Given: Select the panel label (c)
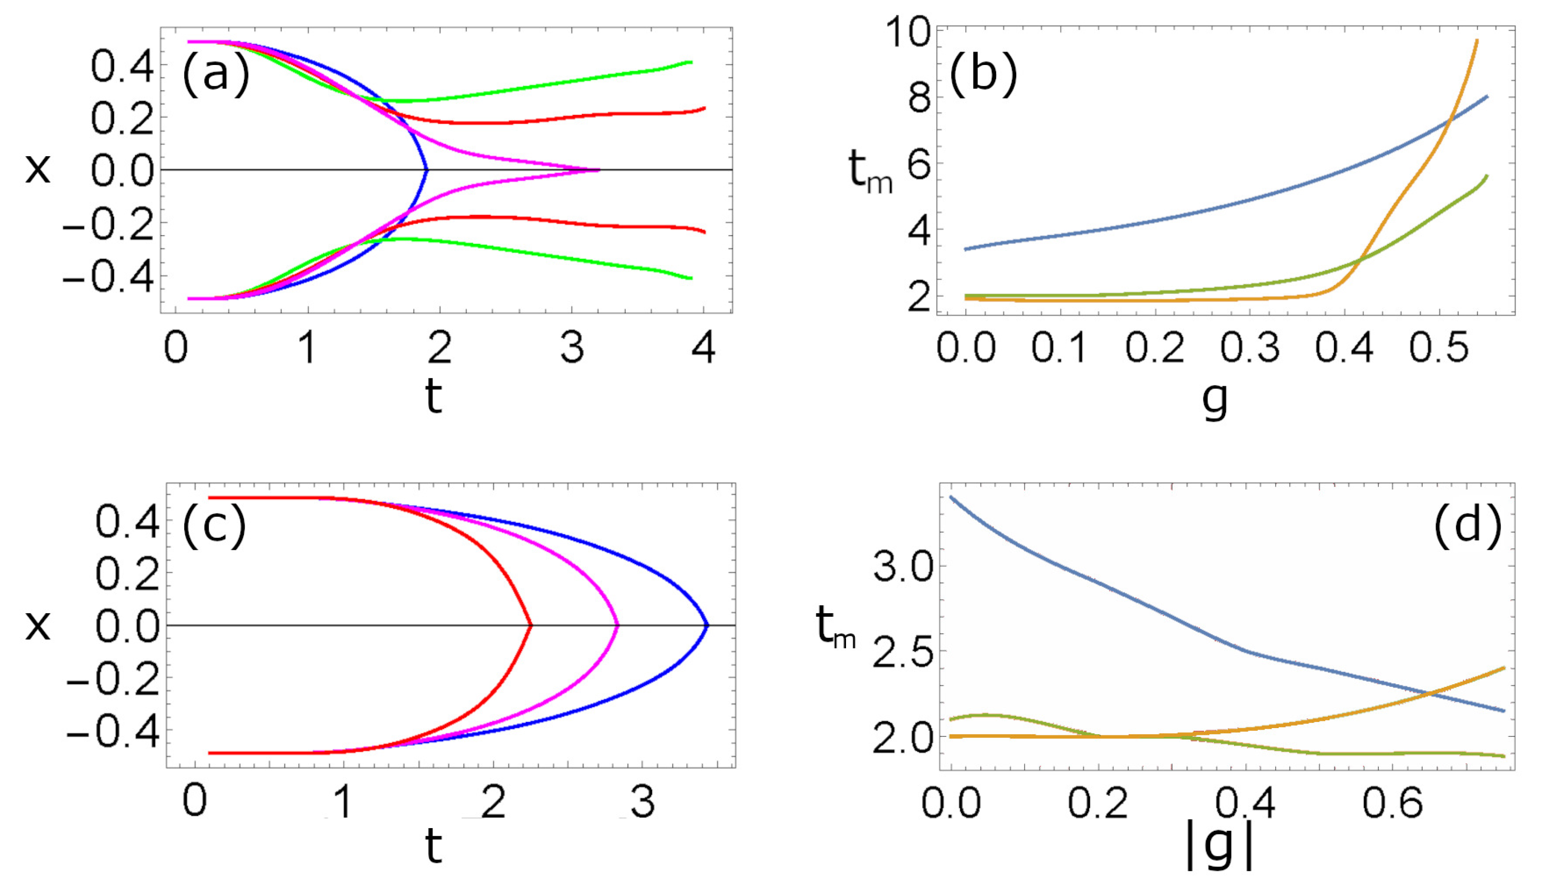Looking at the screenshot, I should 215,525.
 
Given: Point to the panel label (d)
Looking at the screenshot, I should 1467,525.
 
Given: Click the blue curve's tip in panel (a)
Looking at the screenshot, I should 426,169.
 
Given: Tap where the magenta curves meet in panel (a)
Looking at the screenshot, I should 598,169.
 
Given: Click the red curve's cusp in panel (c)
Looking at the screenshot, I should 531,624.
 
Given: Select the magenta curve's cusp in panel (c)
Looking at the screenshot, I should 617,624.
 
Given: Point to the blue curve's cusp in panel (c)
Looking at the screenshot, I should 707,624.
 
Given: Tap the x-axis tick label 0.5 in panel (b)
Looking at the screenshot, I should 1438,348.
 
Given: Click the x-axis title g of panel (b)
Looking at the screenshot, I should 1214,400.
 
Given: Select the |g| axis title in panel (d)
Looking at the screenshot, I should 1219,849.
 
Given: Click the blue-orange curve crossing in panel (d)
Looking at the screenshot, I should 1429,693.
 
